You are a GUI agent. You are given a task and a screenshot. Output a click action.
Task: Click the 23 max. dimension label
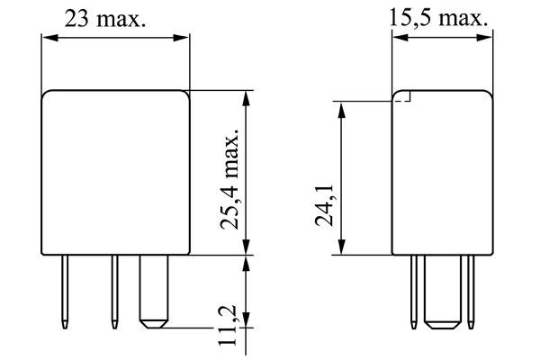point(105,18)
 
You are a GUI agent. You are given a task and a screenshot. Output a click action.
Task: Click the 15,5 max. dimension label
point(438,18)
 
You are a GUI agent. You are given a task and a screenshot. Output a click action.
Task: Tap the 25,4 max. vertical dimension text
point(229,179)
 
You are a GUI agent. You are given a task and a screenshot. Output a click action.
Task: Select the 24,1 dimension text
point(324,205)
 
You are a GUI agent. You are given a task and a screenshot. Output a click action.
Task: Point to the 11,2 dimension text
point(227,325)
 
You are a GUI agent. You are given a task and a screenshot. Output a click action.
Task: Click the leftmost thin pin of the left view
point(65,292)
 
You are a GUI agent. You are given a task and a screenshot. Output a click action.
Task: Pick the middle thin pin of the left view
point(114,292)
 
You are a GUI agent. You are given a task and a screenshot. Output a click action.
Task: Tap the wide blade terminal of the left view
point(154,292)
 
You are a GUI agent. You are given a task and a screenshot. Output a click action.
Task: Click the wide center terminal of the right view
point(443,292)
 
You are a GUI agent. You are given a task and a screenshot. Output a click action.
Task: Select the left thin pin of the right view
point(414,292)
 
